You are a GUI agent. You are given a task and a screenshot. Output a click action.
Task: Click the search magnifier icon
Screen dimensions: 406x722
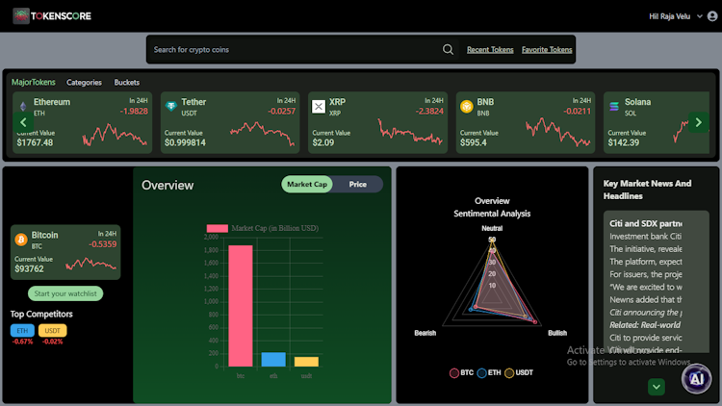[448, 50]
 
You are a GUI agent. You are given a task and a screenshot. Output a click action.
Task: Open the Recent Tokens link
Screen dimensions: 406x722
[490, 50]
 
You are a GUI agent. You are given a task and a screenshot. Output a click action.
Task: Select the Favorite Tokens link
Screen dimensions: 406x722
[547, 50]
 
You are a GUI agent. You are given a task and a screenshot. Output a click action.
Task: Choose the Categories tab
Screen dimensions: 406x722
[84, 83]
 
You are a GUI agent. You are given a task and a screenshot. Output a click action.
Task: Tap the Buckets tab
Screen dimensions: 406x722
[127, 83]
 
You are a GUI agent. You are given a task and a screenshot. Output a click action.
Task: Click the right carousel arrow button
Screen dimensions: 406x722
[699, 122]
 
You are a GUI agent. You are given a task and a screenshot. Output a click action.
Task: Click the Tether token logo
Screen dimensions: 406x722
[170, 106]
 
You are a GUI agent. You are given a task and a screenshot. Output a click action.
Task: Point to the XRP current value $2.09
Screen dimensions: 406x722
[323, 142]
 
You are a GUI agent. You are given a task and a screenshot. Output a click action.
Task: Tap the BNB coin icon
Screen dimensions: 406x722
[466, 106]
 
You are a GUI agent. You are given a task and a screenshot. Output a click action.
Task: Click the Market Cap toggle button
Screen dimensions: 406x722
[307, 184]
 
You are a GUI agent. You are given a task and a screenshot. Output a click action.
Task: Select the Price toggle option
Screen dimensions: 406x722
[358, 184]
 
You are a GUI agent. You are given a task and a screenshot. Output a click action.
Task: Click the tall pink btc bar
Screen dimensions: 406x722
[241, 305]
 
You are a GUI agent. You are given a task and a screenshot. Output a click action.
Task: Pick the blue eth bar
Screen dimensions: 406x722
[273, 359]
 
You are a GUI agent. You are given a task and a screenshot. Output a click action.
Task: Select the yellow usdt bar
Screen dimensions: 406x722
[306, 361]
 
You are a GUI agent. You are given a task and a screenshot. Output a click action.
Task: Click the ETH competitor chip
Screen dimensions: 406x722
[22, 331]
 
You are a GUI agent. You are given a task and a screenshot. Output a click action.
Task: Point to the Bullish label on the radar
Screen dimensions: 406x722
[557, 333]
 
